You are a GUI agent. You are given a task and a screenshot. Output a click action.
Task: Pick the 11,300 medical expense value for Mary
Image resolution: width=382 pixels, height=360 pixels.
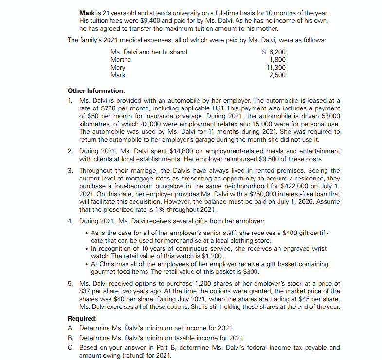276,67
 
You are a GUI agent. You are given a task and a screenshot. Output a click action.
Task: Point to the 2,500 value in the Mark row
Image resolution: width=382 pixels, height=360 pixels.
277,75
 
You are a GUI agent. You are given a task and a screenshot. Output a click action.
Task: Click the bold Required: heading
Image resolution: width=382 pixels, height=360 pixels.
83,319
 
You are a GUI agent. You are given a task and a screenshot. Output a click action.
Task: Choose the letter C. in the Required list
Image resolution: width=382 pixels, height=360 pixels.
71,348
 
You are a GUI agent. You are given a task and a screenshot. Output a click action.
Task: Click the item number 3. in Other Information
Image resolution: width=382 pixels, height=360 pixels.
71,171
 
